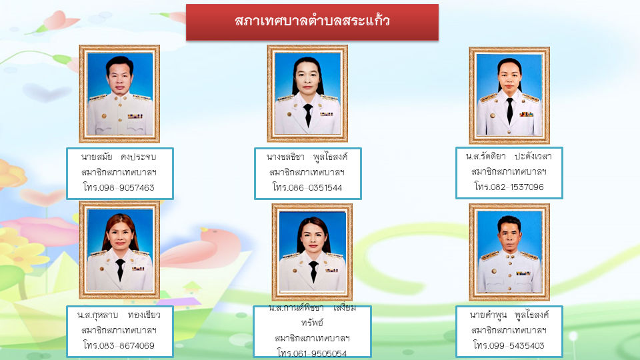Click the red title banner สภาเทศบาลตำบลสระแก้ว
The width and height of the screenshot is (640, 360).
click(x=312, y=23)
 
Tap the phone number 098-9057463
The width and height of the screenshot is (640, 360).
click(x=127, y=188)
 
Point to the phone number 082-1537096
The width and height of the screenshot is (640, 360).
click(x=516, y=187)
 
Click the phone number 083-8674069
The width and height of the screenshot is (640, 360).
click(x=127, y=346)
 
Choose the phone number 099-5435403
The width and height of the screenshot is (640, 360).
click(x=516, y=346)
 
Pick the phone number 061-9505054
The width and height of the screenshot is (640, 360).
click(x=319, y=353)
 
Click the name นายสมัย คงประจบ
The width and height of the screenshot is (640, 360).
click(x=119, y=157)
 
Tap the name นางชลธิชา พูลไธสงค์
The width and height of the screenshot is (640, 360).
click(x=307, y=157)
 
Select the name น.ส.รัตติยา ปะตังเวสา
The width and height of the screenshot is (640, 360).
click(x=509, y=156)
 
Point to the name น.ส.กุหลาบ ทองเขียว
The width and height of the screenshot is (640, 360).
click(x=119, y=315)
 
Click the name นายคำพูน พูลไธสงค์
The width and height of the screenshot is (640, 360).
click(x=509, y=315)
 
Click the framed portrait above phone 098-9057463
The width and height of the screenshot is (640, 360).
click(x=119, y=93)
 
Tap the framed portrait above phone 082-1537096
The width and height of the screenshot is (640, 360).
click(x=509, y=95)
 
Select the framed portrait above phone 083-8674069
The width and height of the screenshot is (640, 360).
click(x=119, y=250)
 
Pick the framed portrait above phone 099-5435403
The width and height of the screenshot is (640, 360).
click(x=509, y=252)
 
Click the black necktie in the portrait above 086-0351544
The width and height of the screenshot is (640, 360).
click(x=308, y=115)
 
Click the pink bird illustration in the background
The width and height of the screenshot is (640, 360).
click(x=208, y=245)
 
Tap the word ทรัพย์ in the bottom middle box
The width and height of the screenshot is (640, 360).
click(x=312, y=323)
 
